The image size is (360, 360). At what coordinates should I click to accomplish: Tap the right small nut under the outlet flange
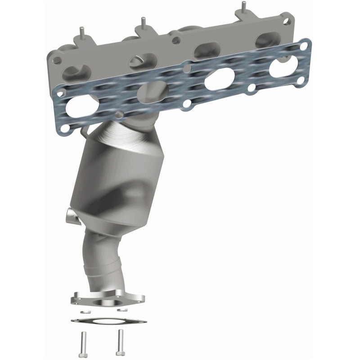(x=120, y=310)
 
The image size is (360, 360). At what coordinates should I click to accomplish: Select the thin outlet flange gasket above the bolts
(x=108, y=320)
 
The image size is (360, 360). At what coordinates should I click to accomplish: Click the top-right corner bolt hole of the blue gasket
(x=306, y=45)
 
